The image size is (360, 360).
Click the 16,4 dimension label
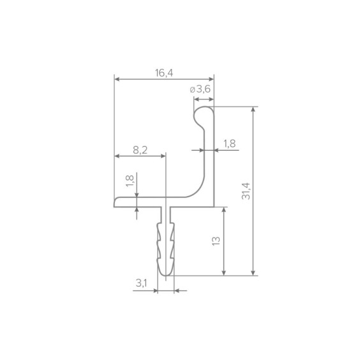pos(164,73)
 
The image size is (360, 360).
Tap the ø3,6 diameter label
pos(200,89)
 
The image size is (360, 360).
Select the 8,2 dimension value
pos(140,150)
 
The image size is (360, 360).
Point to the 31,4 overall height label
pos(246,191)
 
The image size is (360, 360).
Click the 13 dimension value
pos(216,241)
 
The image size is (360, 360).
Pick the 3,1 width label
pos(141,283)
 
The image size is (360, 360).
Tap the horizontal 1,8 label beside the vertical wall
pos(230,144)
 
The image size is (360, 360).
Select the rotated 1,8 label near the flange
pos(130,181)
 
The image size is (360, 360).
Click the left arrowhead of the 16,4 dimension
pos(117,79)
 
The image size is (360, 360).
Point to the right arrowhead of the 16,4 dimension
pos(211,79)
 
